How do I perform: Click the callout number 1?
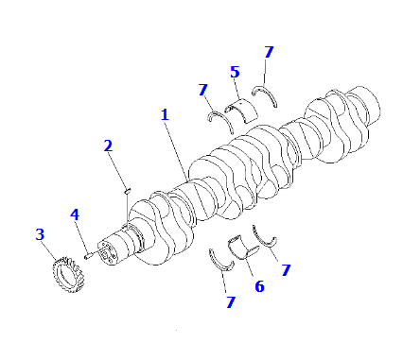(x=165, y=115)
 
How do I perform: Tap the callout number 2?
(x=108, y=146)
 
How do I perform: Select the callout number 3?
(x=40, y=234)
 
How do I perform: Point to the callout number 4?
(x=75, y=214)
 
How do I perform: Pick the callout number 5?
(x=235, y=72)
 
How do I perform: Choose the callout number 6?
(x=259, y=286)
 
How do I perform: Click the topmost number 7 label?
(x=269, y=52)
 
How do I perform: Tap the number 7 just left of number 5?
(x=203, y=90)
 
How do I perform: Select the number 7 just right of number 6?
(x=286, y=270)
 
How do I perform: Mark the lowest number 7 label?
(x=231, y=302)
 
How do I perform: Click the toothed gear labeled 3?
(x=69, y=274)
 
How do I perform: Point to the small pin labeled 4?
(x=88, y=256)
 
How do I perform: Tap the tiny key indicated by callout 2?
(x=128, y=190)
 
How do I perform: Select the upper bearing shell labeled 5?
(x=241, y=111)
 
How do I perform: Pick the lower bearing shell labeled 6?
(x=243, y=247)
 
